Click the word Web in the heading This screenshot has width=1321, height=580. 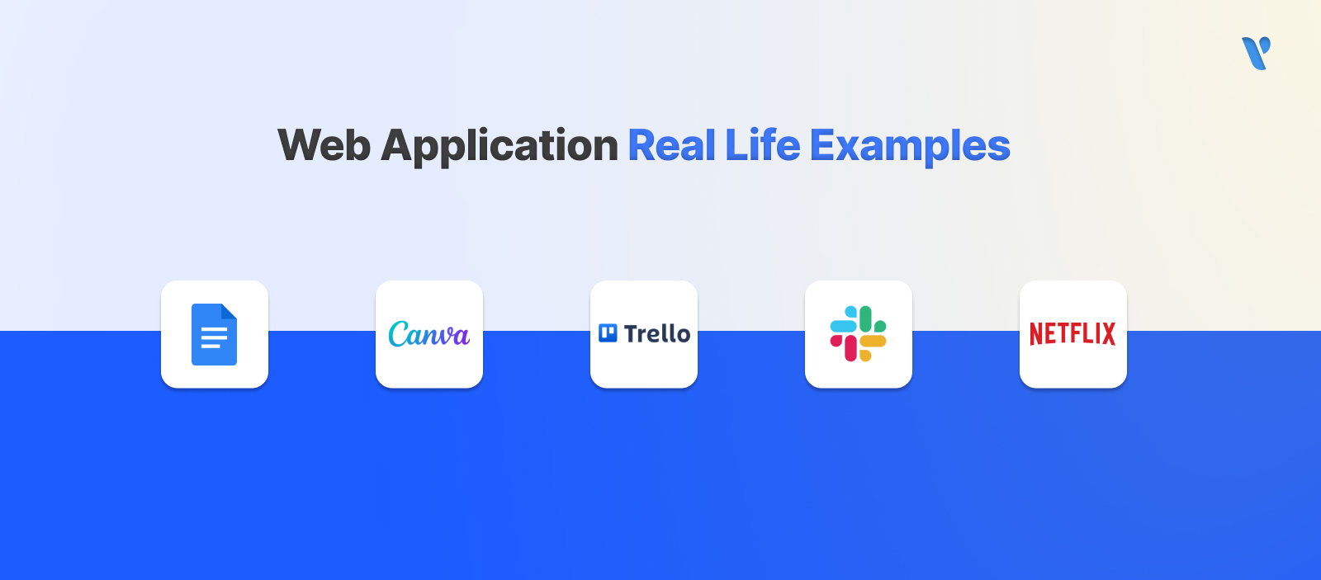[x=324, y=146]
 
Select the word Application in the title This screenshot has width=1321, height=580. [x=500, y=147]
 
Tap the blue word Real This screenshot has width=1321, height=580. [x=672, y=146]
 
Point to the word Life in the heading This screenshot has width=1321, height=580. [x=763, y=146]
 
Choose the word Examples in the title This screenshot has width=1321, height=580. [x=910, y=147]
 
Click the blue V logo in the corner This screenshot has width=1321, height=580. [x=1256, y=53]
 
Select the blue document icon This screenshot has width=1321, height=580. [x=214, y=334]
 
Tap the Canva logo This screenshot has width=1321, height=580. [x=428, y=334]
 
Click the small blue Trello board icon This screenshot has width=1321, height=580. [x=608, y=333]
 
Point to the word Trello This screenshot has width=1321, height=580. [x=657, y=333]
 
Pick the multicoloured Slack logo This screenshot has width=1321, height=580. [x=858, y=333]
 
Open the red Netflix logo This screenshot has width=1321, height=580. [x=1072, y=333]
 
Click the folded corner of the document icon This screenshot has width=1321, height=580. [x=229, y=311]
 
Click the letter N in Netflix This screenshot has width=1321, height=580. [x=1037, y=333]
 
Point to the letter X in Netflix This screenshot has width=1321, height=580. [x=1107, y=333]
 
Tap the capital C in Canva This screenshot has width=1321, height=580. [x=400, y=334]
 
